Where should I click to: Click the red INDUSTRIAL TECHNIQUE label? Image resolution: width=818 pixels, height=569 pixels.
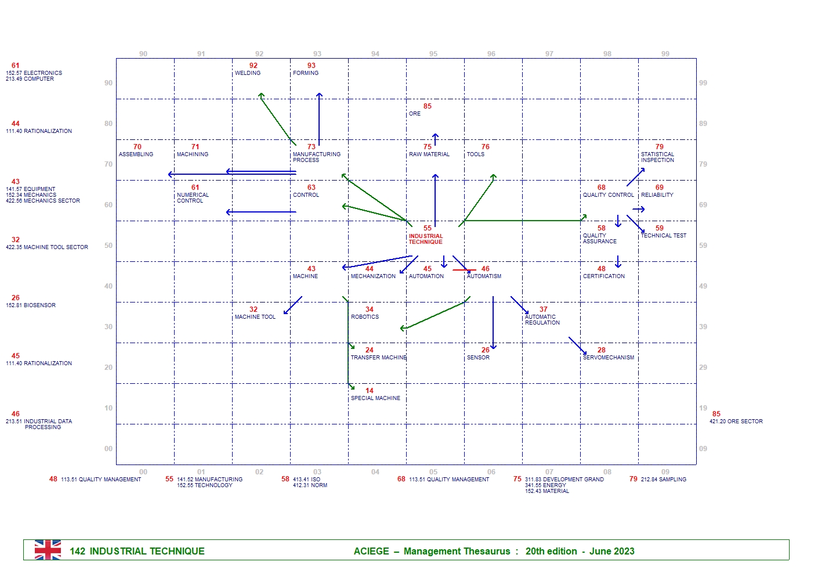coord(425,239)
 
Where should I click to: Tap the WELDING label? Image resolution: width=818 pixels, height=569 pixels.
coord(248,73)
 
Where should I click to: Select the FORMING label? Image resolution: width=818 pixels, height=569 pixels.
coord(306,73)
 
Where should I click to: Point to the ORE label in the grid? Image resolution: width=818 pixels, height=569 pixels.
coord(414,114)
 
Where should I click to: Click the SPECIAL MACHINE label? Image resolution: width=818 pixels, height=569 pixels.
coord(375,398)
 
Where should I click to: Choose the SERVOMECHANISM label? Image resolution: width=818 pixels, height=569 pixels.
coord(609,358)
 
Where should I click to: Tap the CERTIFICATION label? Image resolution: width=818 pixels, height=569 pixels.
coord(604,276)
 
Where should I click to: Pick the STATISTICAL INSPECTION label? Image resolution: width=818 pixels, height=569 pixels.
coord(657,157)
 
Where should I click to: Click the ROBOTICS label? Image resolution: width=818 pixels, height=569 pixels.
coord(365,317)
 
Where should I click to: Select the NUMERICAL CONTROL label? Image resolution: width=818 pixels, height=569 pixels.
coord(193,198)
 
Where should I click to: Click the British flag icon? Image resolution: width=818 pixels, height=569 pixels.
coord(48,550)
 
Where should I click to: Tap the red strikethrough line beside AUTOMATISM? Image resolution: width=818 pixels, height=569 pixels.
coord(464,270)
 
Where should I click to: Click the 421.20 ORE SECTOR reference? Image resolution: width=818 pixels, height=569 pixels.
coord(736,422)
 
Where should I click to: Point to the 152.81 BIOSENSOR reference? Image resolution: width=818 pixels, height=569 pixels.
coord(31,305)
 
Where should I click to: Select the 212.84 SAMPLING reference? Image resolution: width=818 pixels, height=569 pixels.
coord(664,480)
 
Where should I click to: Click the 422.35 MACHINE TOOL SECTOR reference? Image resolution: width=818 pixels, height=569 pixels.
coord(47,247)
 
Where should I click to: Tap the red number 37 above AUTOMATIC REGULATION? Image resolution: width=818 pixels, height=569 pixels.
coord(544,309)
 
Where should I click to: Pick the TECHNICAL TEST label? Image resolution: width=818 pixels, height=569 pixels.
coord(664,236)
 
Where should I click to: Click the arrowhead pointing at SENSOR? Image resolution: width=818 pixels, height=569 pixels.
coord(493,347)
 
